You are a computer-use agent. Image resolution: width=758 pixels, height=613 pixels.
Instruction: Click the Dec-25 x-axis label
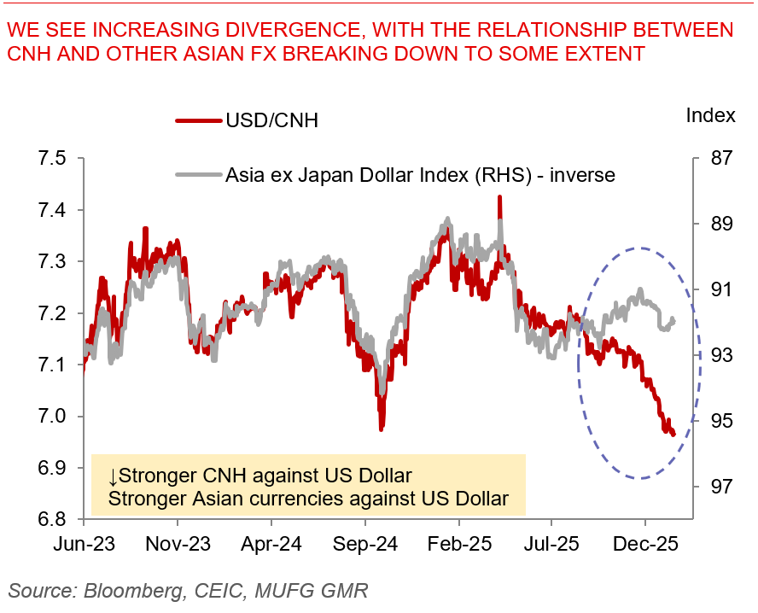646,543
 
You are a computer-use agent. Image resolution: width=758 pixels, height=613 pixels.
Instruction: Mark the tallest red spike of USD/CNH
499,197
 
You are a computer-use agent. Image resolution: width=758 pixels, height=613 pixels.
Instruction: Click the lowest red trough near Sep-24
381,429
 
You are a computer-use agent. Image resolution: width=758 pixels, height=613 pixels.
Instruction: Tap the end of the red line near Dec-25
673,435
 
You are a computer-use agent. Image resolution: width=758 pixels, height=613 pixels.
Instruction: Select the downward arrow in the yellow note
113,476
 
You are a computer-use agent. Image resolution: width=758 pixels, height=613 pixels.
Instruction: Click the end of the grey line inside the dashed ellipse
673,321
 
